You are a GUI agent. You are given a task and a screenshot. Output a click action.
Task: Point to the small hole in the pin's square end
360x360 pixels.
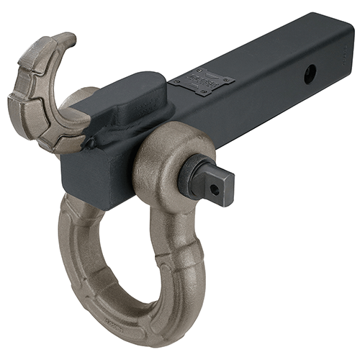214,189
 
